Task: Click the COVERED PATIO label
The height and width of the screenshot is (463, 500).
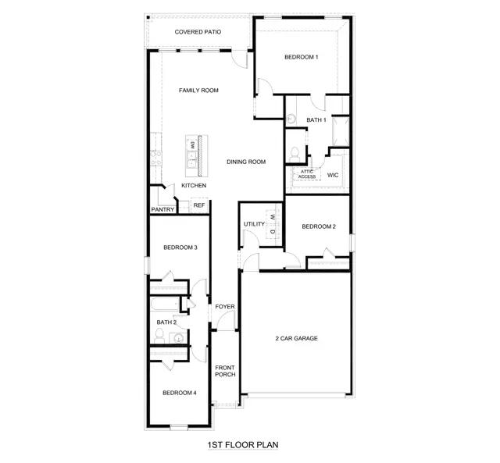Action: (198, 32)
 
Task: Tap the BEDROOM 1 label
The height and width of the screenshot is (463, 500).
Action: (302, 57)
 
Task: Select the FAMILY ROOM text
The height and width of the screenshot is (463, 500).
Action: (198, 91)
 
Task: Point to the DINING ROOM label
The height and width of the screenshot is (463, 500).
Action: (247, 162)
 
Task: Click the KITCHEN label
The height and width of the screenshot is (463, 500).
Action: (194, 186)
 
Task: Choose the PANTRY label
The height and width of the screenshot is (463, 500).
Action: (162, 209)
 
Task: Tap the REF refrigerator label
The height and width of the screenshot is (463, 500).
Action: (199, 205)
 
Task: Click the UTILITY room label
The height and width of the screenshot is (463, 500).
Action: (255, 224)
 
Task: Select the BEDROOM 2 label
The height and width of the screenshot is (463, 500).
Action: (319, 226)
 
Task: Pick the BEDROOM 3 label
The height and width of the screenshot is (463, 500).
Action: (180, 248)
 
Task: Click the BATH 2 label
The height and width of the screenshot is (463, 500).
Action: (166, 322)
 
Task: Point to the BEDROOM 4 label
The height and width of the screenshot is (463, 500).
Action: (180, 392)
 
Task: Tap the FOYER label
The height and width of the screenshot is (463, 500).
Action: (225, 307)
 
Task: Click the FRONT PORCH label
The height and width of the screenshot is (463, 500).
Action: (225, 371)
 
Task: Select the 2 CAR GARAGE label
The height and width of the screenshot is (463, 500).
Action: (296, 338)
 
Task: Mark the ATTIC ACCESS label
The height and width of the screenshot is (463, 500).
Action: (307, 174)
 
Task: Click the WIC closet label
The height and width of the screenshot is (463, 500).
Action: (332, 175)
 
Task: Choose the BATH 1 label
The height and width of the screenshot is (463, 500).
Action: (316, 119)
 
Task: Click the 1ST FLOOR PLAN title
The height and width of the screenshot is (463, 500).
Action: (243, 445)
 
